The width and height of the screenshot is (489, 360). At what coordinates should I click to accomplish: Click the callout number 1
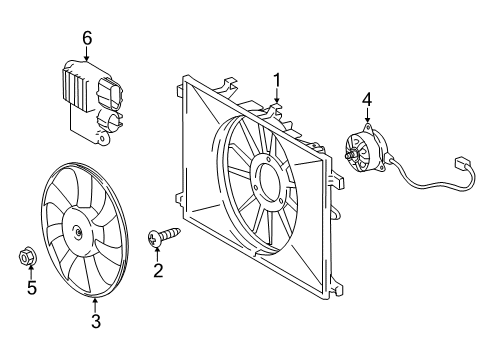[x=277, y=82]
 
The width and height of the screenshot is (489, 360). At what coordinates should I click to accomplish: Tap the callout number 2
[x=158, y=270]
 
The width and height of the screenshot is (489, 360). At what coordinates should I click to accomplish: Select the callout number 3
[x=96, y=321]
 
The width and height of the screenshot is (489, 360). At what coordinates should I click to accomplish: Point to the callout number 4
[x=367, y=100]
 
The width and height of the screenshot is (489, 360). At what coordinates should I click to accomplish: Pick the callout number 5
[x=32, y=287]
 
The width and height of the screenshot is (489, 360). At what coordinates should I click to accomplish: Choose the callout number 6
[x=87, y=38]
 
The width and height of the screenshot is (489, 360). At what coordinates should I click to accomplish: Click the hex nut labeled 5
[x=27, y=257]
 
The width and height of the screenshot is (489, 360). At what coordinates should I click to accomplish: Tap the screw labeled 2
[x=164, y=236]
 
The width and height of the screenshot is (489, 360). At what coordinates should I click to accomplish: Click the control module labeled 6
[x=92, y=103]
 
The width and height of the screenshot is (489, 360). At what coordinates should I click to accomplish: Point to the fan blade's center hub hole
[x=78, y=232]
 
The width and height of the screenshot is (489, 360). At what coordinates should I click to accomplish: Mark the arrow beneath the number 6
[x=87, y=54]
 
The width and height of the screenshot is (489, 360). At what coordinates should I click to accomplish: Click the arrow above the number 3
[x=95, y=306]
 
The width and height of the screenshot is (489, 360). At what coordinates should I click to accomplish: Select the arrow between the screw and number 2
[x=157, y=255]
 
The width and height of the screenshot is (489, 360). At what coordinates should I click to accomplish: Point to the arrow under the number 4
[x=367, y=115]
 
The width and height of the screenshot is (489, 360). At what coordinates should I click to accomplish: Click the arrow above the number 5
[x=31, y=271]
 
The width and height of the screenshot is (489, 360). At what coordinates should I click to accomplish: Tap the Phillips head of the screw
[x=154, y=239]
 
